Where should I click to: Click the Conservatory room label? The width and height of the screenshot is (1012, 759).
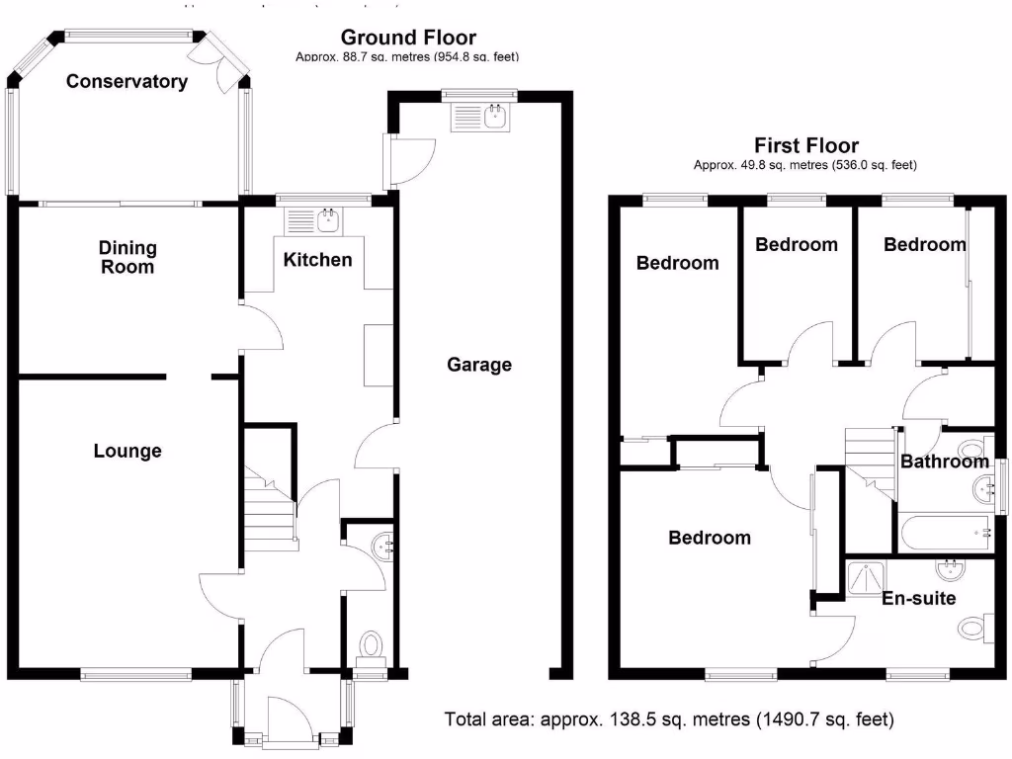pyautogui.click(x=126, y=82)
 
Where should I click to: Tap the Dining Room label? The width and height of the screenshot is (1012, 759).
pyautogui.click(x=126, y=257)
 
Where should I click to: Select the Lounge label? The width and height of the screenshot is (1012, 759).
pyautogui.click(x=127, y=452)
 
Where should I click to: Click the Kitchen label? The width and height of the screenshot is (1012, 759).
pyautogui.click(x=317, y=260)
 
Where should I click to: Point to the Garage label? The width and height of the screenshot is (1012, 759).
pyautogui.click(x=479, y=365)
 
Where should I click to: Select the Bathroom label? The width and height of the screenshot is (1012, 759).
pyautogui.click(x=944, y=462)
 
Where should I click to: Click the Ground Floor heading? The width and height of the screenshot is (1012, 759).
pyautogui.click(x=408, y=38)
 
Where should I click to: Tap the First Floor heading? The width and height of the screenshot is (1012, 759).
pyautogui.click(x=806, y=146)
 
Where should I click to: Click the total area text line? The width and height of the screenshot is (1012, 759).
pyautogui.click(x=669, y=719)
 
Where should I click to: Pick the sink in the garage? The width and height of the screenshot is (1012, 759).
pyautogui.click(x=480, y=118)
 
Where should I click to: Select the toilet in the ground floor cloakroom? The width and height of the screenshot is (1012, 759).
pyautogui.click(x=372, y=645)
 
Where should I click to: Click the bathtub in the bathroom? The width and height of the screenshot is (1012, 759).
pyautogui.click(x=944, y=532)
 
